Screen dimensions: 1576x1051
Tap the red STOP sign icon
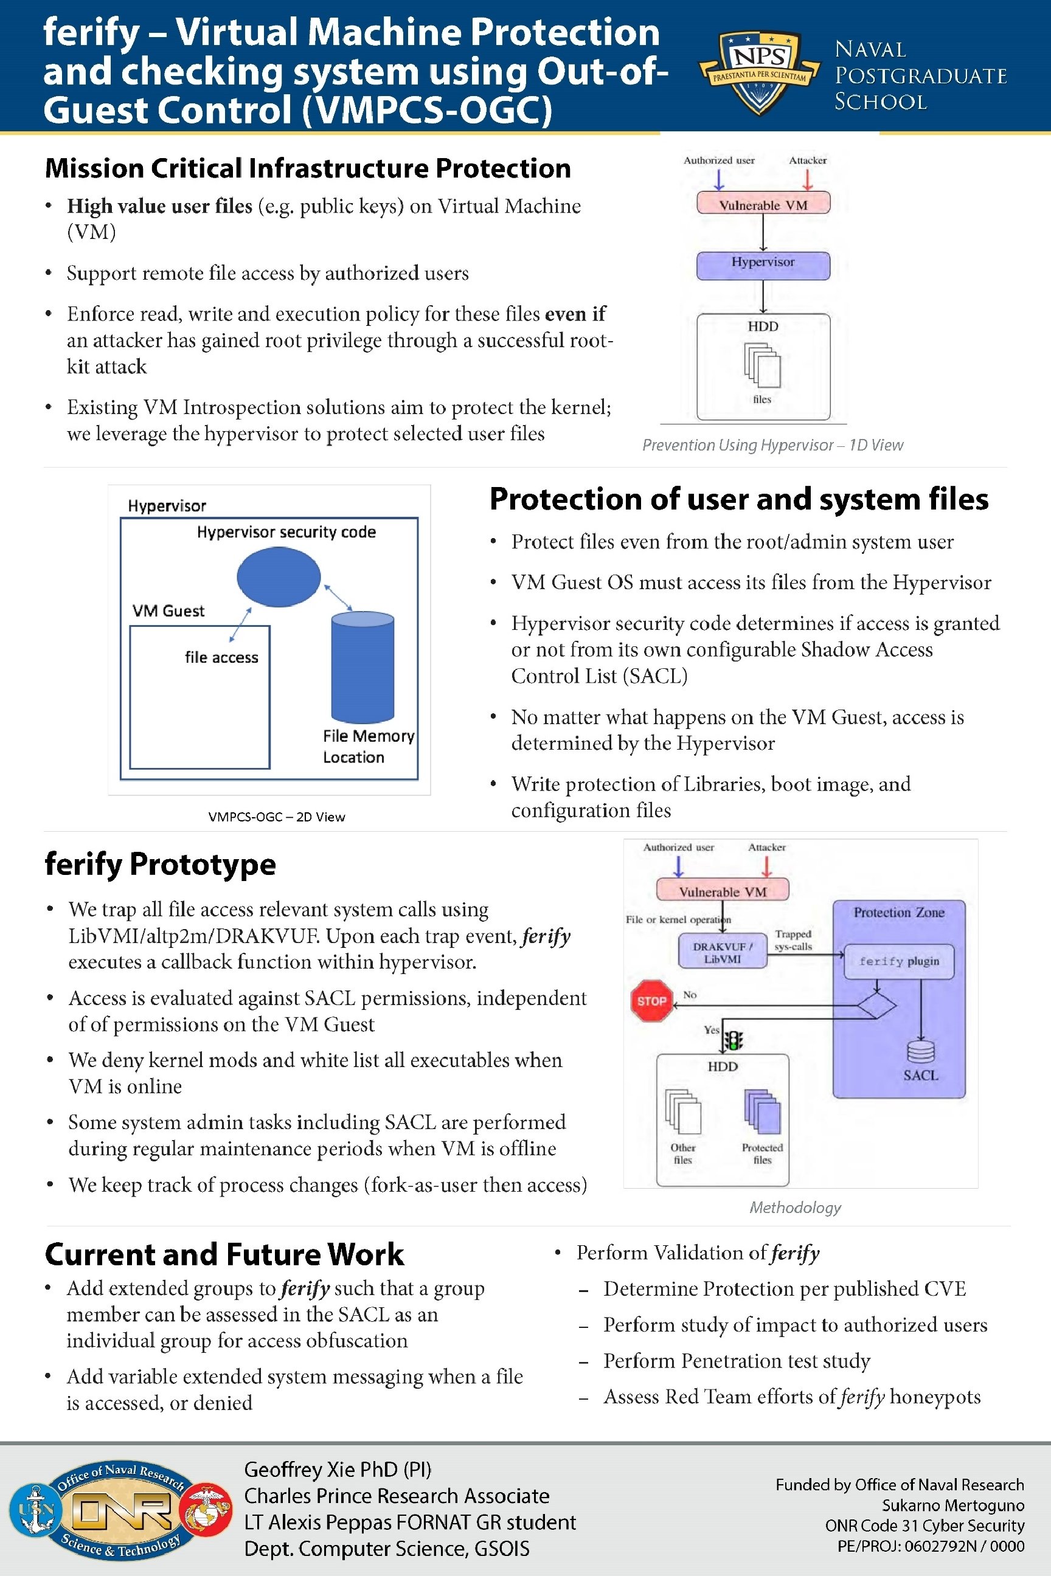[x=651, y=1000]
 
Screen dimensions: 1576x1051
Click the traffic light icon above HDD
[x=734, y=1040]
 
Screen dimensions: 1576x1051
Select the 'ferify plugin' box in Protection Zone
[x=899, y=961]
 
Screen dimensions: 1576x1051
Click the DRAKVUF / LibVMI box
[x=722, y=952]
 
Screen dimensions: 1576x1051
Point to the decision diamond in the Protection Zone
[x=876, y=1005]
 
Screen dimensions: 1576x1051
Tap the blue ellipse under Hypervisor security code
[x=278, y=577]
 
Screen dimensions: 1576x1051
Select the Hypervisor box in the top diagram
[x=763, y=265]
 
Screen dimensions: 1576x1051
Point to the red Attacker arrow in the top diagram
[x=808, y=179]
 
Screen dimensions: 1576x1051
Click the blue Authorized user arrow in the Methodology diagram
[x=678, y=866]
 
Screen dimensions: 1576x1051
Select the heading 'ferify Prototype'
[x=160, y=864]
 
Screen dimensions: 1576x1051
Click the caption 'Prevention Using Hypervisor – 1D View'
[x=772, y=445]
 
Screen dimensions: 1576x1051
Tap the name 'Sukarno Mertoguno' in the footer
[x=952, y=1505]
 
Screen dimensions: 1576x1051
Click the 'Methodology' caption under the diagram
[x=795, y=1207]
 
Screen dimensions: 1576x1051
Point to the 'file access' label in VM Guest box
[x=221, y=657]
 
